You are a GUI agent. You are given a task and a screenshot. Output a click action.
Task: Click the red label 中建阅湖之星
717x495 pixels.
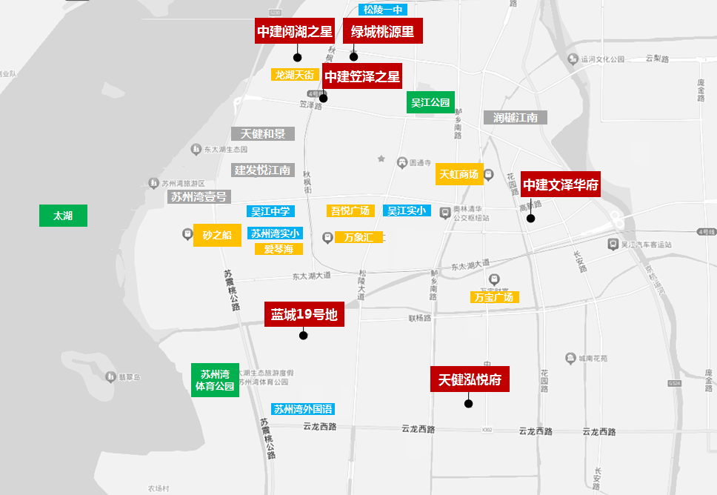click(x=295, y=31)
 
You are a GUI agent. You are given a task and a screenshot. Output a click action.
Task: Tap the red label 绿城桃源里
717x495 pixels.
click(x=382, y=31)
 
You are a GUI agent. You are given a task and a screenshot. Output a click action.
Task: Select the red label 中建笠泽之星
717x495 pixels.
click(x=362, y=76)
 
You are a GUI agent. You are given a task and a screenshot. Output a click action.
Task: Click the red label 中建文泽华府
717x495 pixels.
click(x=561, y=184)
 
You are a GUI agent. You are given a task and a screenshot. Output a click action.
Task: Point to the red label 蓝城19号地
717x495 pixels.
click(x=304, y=314)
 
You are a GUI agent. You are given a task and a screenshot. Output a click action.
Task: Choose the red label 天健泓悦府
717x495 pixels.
click(x=470, y=380)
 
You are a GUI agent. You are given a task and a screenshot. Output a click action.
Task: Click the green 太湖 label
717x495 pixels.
click(x=63, y=216)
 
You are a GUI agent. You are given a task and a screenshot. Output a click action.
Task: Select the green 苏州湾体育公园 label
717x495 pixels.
click(x=215, y=379)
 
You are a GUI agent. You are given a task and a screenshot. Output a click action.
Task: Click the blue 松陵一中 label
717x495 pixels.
click(x=382, y=10)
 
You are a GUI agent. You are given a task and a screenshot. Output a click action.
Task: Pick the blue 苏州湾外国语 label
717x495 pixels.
click(x=303, y=408)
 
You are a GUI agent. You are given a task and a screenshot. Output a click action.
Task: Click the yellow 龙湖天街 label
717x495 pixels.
click(x=295, y=75)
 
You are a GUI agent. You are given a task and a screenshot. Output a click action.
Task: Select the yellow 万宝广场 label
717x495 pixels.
click(x=495, y=297)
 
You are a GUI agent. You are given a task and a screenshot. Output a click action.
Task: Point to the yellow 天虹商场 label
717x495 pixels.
click(x=459, y=174)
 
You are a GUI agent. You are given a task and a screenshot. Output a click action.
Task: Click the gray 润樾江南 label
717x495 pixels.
click(x=516, y=117)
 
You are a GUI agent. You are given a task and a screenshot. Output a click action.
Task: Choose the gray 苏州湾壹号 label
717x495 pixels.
click(x=199, y=196)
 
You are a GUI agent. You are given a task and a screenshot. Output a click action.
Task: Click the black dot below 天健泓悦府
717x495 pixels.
click(x=468, y=403)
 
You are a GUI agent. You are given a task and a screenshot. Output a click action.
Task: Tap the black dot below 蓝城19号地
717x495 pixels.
click(x=303, y=335)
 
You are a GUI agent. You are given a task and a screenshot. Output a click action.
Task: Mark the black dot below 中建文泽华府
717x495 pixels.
click(x=530, y=218)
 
